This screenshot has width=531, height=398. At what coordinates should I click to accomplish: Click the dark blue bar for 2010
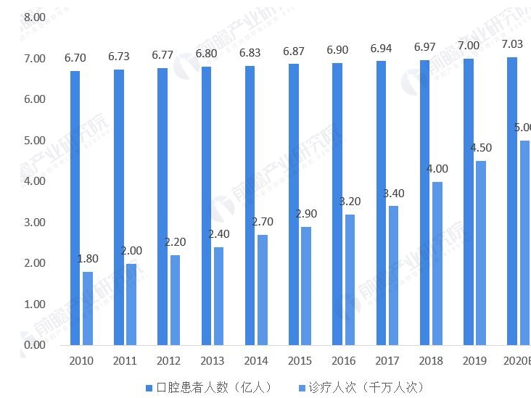click(75, 207)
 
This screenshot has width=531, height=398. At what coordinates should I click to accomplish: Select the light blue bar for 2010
click(88, 307)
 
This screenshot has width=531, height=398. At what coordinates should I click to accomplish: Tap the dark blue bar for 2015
click(294, 204)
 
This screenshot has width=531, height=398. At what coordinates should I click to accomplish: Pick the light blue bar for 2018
click(437, 262)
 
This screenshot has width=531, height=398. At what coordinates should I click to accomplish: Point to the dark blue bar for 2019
click(469, 201)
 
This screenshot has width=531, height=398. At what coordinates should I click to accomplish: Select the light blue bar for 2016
click(350, 279)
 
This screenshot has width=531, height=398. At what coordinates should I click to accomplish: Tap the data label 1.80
click(88, 259)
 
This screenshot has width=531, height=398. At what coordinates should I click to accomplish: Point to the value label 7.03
click(512, 44)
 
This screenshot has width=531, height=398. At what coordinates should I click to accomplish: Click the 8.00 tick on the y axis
click(34, 17)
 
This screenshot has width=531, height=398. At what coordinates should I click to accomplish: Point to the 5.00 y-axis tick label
click(34, 140)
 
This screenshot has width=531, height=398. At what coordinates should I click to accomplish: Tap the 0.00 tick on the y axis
click(34, 345)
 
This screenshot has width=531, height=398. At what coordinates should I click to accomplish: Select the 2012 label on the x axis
click(168, 360)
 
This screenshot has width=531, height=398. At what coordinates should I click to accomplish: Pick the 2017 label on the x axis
click(387, 360)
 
